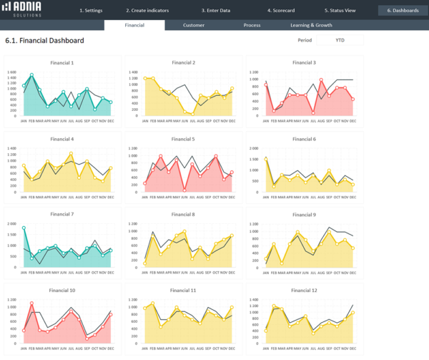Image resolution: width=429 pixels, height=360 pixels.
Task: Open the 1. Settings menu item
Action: [91, 11]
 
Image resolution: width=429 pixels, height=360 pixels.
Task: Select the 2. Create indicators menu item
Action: [147, 11]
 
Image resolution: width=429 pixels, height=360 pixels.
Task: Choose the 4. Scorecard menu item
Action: [280, 11]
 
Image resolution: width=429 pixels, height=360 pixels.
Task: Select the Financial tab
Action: [134, 25]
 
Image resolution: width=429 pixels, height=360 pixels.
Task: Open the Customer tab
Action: [194, 25]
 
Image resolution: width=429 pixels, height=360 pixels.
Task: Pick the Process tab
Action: [252, 25]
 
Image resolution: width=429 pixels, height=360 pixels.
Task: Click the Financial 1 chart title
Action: [62, 63]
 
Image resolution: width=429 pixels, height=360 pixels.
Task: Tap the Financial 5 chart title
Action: [184, 139]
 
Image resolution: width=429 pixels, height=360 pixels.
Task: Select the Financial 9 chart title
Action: [305, 215]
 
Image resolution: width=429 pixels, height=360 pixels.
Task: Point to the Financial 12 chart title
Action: [305, 290]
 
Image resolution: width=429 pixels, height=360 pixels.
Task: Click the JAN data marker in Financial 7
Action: [24, 228]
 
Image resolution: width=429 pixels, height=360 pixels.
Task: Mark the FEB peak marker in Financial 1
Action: [31, 75]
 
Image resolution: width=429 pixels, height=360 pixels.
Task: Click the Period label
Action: [306, 41]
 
